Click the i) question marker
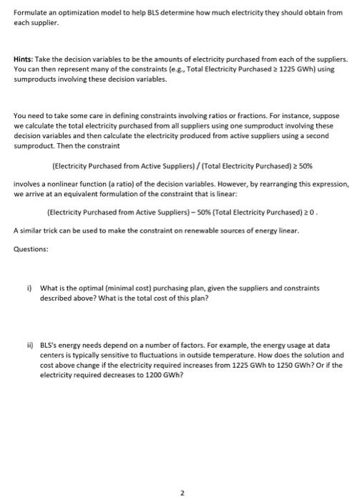tap(29, 288)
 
